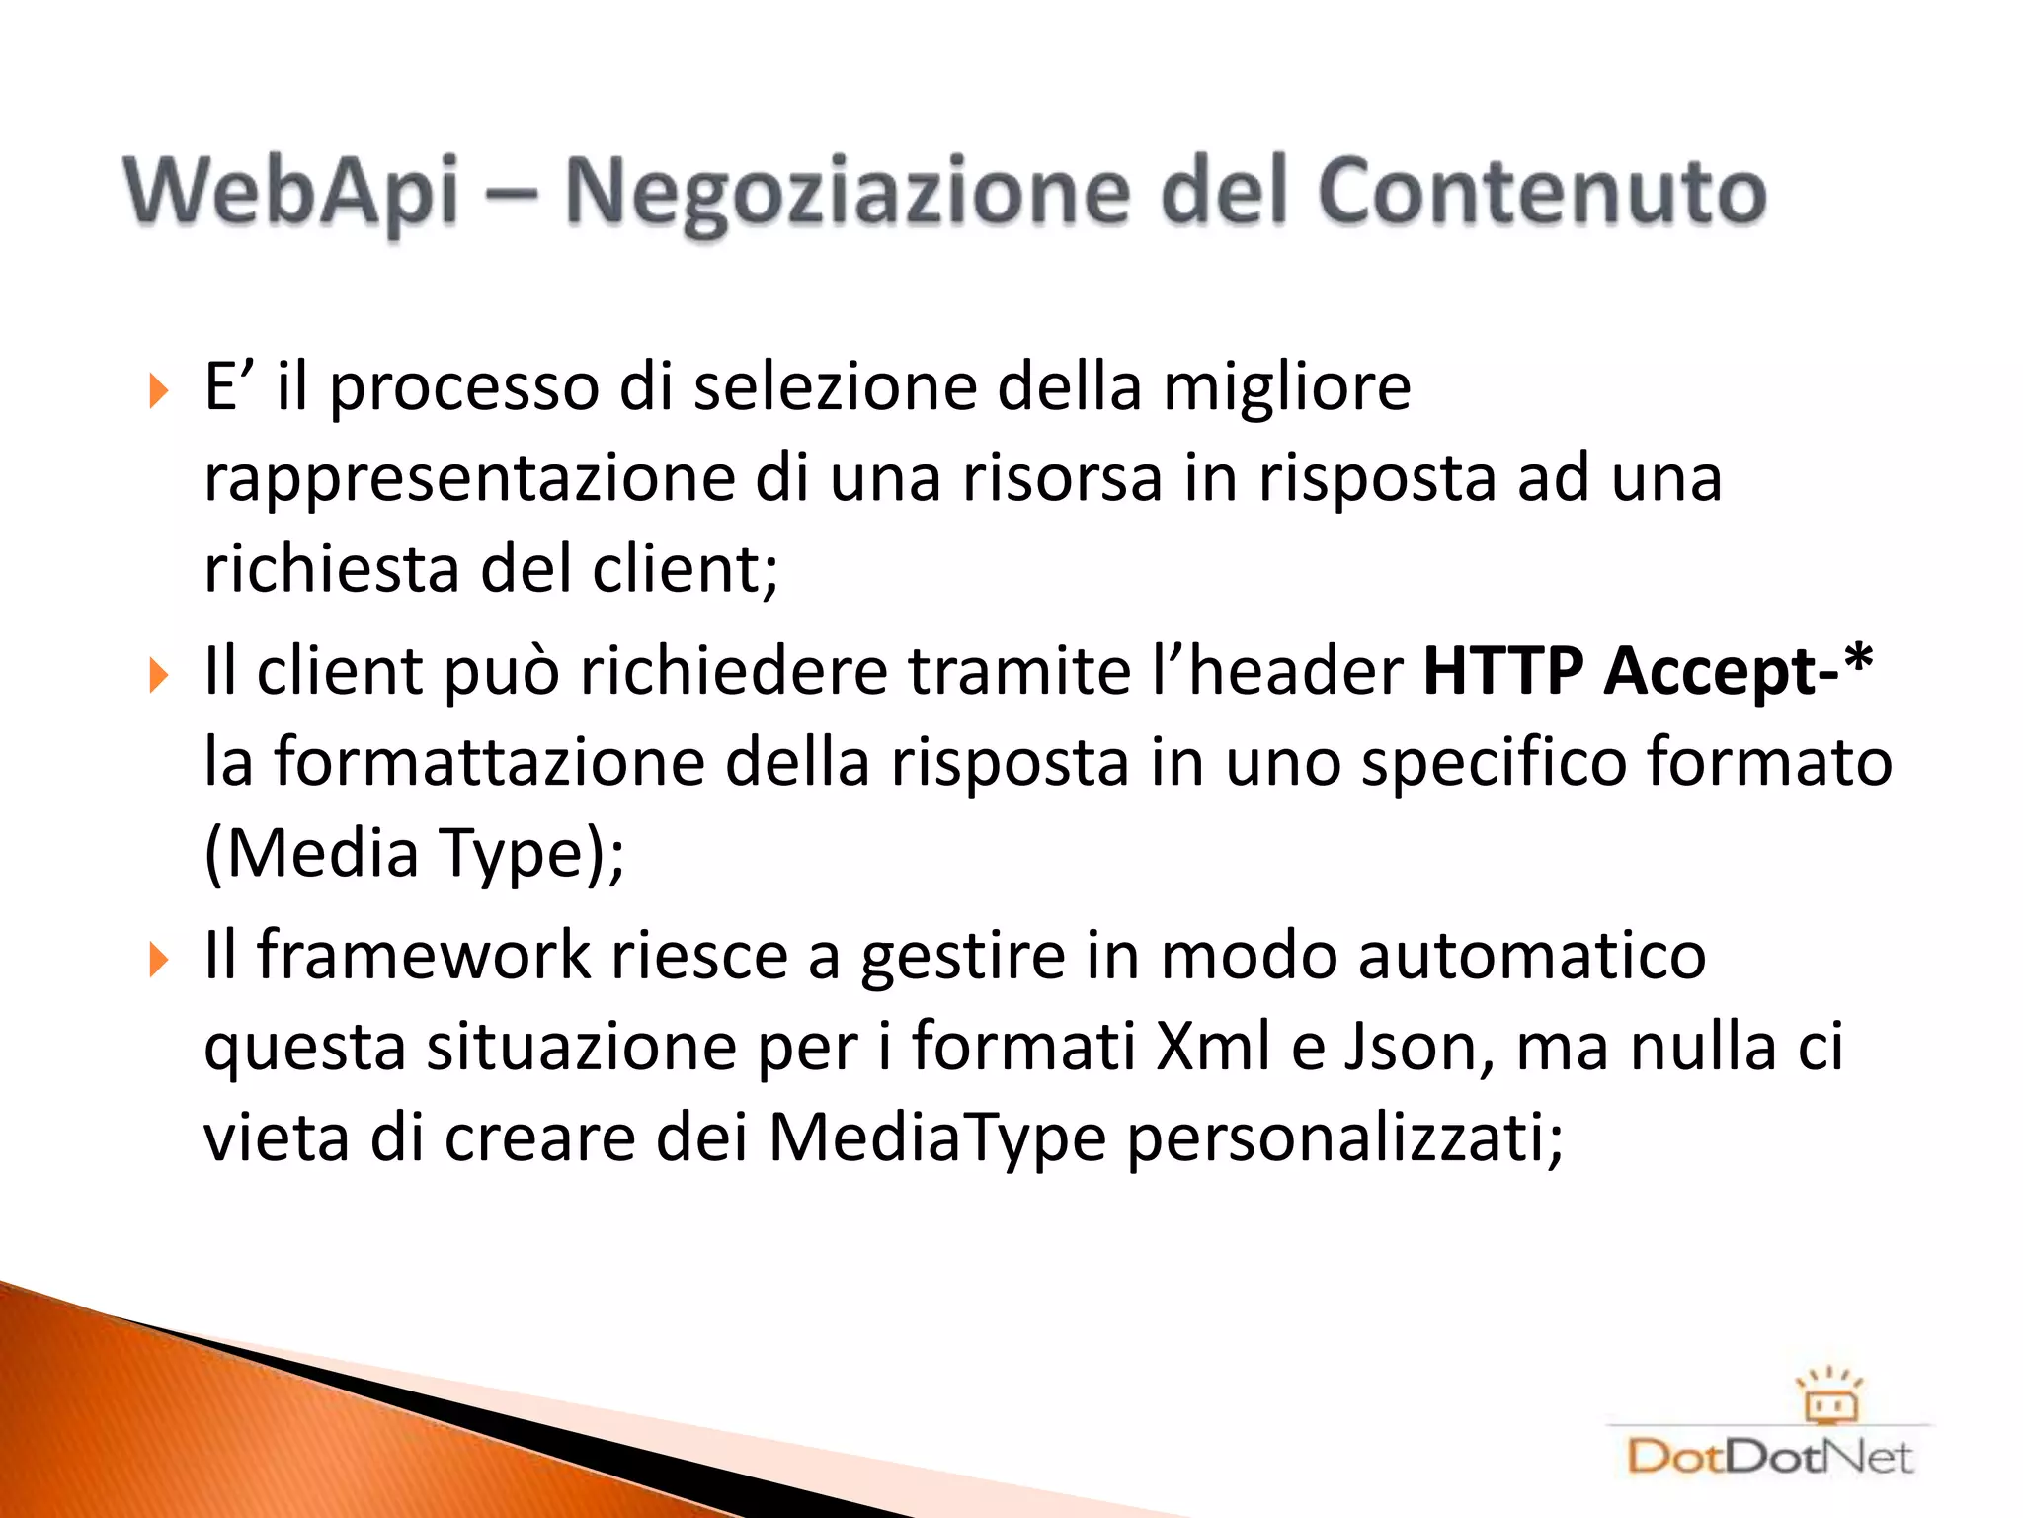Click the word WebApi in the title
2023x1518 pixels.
pos(291,191)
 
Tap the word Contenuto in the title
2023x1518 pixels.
pos(1541,191)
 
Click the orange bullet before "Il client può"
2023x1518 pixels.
pos(158,676)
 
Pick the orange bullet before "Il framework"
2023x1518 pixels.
pos(158,960)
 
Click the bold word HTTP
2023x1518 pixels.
pos(1503,671)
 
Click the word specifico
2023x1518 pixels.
pos(1493,762)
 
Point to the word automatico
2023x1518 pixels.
pos(1531,956)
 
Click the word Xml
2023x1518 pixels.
pos(1213,1047)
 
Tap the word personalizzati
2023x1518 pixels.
pos(1344,1138)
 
